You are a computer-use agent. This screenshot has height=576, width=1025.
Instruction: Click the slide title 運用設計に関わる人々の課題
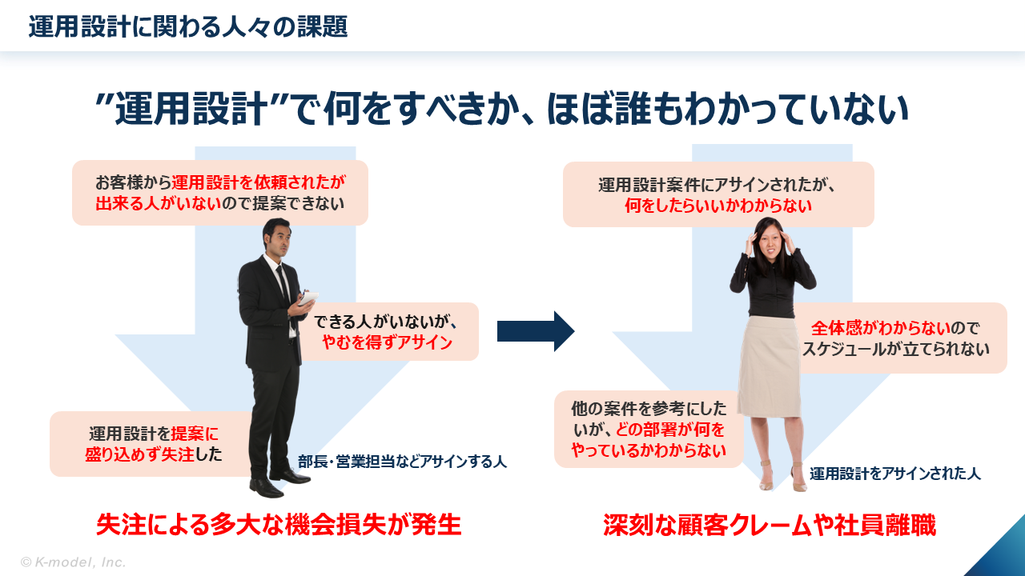click(x=187, y=27)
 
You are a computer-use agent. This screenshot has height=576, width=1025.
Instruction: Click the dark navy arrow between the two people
click(x=536, y=331)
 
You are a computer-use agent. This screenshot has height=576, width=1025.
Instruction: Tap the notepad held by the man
click(x=307, y=299)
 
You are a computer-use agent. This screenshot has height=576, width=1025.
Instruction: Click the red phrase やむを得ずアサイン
click(x=387, y=343)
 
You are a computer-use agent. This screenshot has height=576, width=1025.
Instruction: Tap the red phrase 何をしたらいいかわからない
click(x=718, y=206)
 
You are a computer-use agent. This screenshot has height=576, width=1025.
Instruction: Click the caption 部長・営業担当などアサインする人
click(x=402, y=462)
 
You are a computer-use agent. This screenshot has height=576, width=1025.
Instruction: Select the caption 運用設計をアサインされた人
click(x=894, y=474)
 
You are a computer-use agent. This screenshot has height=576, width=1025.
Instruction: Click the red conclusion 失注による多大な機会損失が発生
click(x=279, y=525)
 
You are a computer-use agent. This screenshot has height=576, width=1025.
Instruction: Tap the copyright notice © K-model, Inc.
click(x=73, y=562)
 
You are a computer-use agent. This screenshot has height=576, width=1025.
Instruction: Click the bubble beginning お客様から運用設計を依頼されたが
click(x=219, y=192)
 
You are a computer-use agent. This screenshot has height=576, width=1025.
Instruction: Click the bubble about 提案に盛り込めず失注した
click(x=152, y=444)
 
